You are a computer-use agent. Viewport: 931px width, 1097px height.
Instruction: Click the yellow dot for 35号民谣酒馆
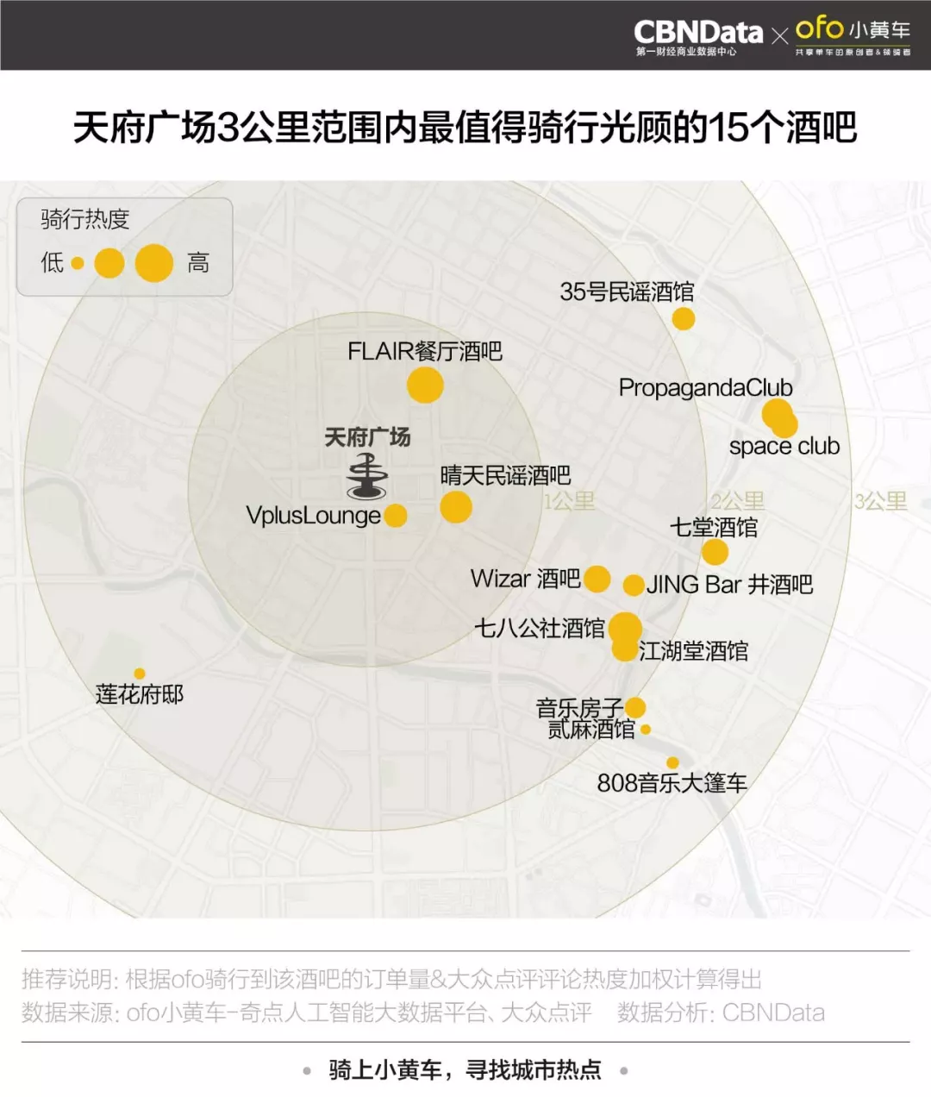[x=684, y=319]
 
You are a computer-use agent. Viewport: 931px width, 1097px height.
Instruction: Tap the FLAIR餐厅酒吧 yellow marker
[x=425, y=385]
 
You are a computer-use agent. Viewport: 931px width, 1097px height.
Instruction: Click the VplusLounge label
[x=313, y=516]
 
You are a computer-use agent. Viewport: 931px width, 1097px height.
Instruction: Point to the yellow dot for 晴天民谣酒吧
[x=456, y=506]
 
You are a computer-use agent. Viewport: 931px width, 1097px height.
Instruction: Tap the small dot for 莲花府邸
[x=140, y=674]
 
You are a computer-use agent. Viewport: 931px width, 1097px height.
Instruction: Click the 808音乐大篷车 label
[x=672, y=783]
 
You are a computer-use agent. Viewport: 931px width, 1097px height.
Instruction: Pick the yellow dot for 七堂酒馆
[x=715, y=552]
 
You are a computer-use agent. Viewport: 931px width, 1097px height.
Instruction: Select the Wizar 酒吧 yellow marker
[x=597, y=579]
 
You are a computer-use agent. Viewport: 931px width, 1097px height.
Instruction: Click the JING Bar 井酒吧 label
[x=729, y=585]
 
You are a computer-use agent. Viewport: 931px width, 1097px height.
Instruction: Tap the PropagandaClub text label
[x=705, y=388]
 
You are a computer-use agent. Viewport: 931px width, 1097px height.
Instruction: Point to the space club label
[x=784, y=447]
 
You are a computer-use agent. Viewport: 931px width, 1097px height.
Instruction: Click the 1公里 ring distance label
[x=569, y=501]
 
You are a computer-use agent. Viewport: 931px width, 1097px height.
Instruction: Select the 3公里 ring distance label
[x=880, y=501]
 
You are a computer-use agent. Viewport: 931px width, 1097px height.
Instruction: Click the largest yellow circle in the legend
[x=154, y=263]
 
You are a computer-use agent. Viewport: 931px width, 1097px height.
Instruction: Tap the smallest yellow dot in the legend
[x=78, y=263]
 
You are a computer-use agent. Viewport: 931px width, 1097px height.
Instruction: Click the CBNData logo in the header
[x=698, y=33]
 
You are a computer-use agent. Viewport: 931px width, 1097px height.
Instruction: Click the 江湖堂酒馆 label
[x=693, y=651]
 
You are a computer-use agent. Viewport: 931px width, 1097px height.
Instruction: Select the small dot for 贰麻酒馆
[x=646, y=730]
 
